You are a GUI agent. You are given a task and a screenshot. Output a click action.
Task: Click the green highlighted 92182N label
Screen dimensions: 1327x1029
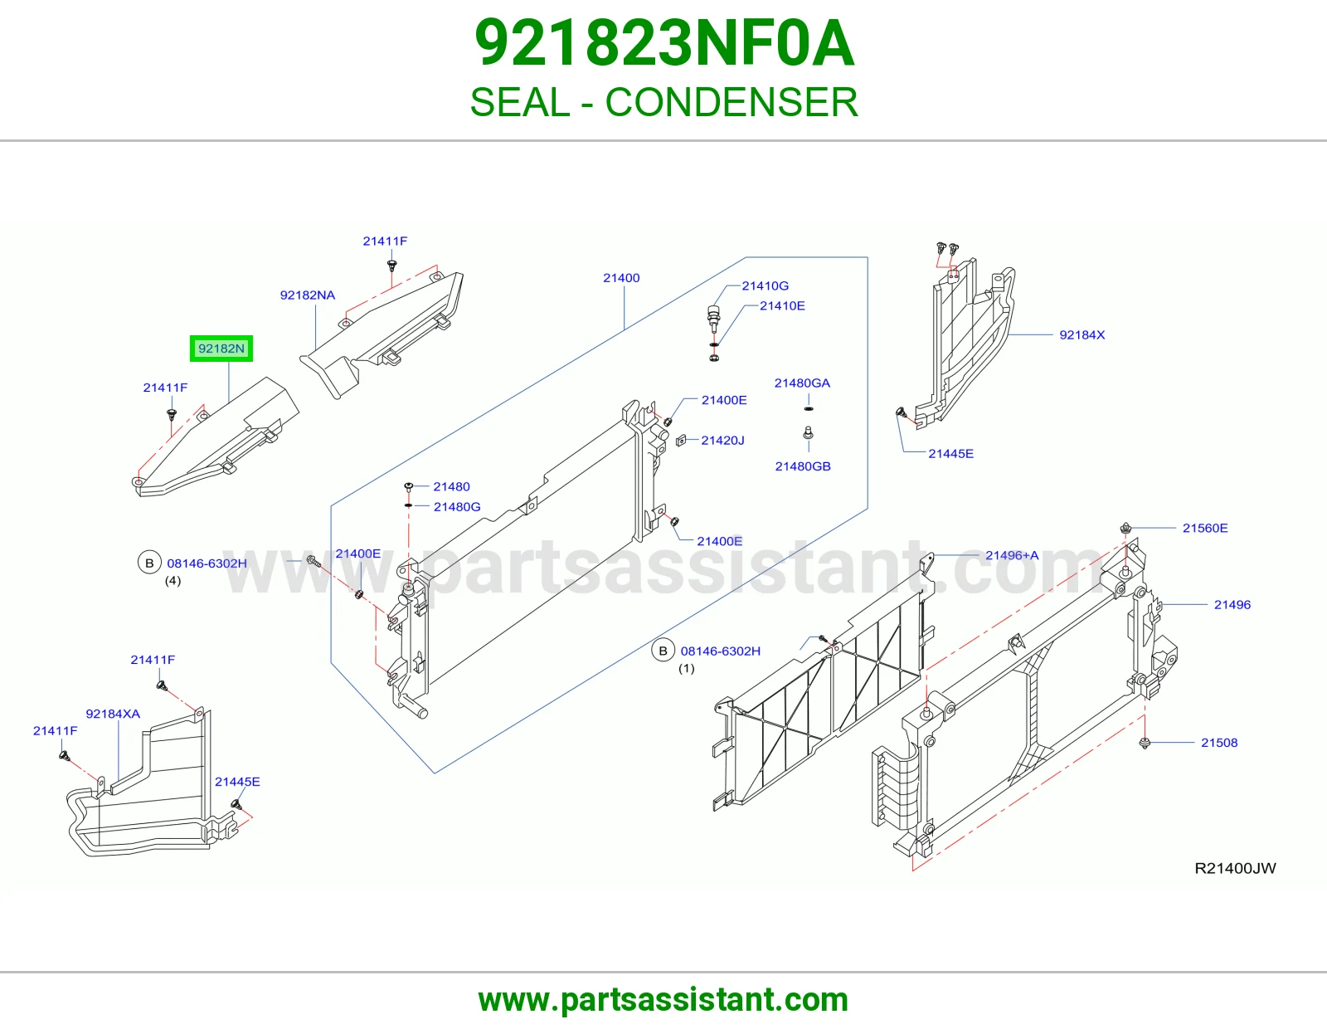tap(221, 349)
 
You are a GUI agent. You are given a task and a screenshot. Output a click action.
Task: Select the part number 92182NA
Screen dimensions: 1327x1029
tap(308, 295)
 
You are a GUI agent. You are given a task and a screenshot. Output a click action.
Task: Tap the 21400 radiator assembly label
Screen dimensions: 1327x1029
tap(621, 278)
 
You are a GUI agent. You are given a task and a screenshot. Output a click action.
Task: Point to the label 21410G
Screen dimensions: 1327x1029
tap(766, 285)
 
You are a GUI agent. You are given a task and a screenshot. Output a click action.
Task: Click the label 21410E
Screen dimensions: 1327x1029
tap(782, 305)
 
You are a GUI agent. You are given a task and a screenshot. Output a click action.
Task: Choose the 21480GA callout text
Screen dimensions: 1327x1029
tap(803, 383)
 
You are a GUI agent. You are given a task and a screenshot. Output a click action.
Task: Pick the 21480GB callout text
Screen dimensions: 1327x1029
tap(803, 466)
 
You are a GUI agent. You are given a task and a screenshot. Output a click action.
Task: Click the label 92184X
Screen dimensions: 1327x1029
tap(1082, 335)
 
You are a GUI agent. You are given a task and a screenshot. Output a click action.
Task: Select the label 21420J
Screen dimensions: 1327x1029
tap(722, 441)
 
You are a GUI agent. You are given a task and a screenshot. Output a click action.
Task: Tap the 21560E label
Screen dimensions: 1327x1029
tap(1205, 528)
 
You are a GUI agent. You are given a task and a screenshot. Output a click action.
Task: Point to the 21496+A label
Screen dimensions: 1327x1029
tap(1012, 555)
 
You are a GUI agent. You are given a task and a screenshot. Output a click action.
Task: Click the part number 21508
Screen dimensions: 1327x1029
tap(1219, 743)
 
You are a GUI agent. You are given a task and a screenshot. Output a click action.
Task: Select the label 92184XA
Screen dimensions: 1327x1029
tap(113, 714)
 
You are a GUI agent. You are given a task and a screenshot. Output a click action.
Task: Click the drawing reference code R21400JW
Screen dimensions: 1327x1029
tap(1235, 868)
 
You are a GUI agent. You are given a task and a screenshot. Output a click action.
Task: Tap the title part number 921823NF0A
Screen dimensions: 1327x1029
tap(663, 43)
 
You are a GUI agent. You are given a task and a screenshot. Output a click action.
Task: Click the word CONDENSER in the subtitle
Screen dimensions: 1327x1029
tap(731, 102)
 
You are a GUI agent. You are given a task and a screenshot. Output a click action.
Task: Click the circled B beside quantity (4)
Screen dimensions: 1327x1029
tap(149, 563)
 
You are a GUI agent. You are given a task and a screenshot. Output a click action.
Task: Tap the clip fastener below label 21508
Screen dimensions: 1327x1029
tap(1145, 743)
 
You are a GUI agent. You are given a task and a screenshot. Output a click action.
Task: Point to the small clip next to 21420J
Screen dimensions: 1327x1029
tap(682, 440)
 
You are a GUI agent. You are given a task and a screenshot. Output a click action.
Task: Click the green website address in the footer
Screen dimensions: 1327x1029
tap(663, 1000)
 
